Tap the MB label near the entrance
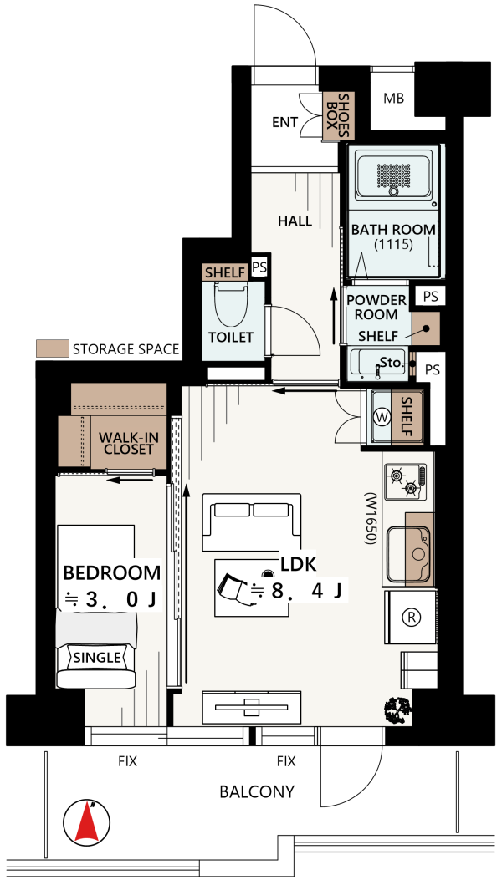click(x=393, y=99)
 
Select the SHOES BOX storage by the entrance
click(x=338, y=117)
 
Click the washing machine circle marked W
click(x=382, y=418)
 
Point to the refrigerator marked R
click(x=411, y=618)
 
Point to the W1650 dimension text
click(x=371, y=519)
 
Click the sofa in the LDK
click(x=252, y=522)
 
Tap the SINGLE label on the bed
click(x=97, y=658)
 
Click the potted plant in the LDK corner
click(x=397, y=710)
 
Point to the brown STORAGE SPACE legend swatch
click(x=52, y=348)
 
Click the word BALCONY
click(x=257, y=792)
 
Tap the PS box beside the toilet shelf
click(x=259, y=267)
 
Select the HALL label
click(x=295, y=221)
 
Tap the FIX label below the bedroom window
click(x=127, y=762)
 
